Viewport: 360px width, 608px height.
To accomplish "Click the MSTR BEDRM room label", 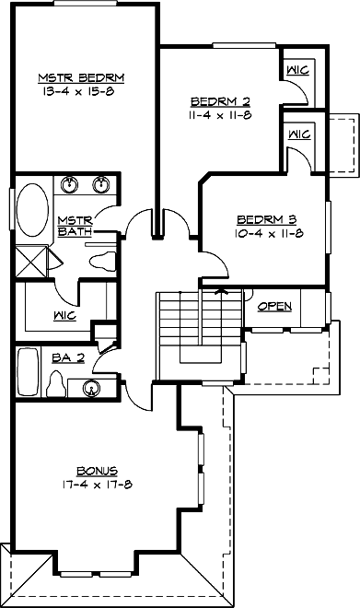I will [x=81, y=76].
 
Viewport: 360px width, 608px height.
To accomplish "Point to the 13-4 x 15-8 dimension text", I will [x=81, y=91].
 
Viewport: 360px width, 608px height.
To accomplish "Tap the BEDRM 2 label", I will [x=221, y=100].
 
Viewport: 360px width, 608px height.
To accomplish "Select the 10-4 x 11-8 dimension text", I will [x=266, y=234].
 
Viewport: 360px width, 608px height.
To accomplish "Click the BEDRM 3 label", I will [x=266, y=219].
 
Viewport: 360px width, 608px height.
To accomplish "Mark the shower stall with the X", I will [x=31, y=261].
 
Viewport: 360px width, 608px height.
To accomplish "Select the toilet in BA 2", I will [x=56, y=382].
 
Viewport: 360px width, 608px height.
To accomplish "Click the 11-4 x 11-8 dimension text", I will [x=221, y=115].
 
